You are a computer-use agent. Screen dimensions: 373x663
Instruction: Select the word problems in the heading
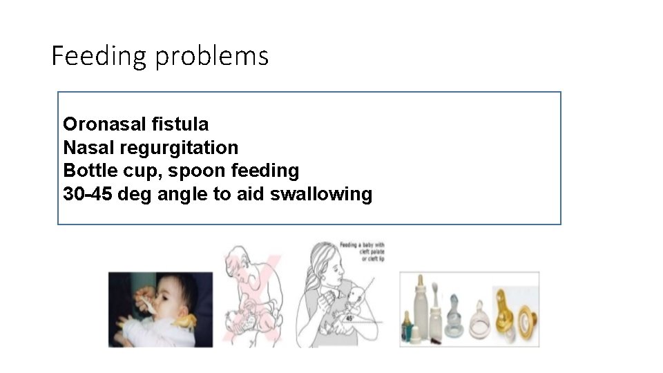click(211, 56)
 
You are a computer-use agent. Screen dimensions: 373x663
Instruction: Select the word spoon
click(211, 171)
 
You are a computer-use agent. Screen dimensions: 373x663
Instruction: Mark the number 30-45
click(88, 194)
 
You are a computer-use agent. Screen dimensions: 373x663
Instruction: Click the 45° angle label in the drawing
click(349, 318)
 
